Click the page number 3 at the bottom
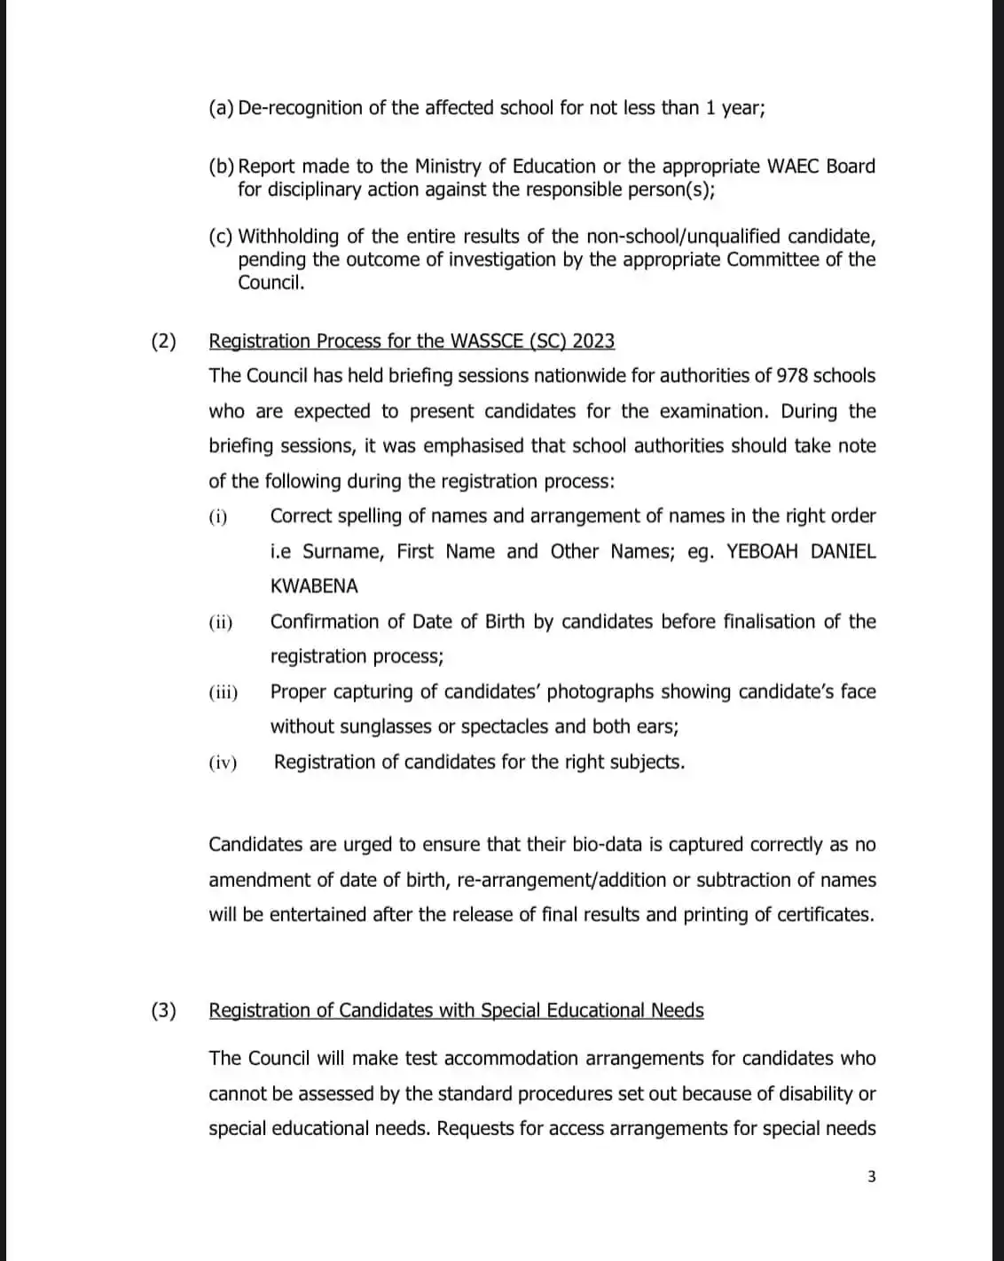pos(871,1177)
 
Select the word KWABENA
pos(314,586)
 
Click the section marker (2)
pos(163,341)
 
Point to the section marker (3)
pos(163,1011)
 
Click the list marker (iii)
pos(224,693)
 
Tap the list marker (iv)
pos(224,763)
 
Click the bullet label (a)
pos(221,108)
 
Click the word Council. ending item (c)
pos(271,283)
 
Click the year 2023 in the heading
pos(593,341)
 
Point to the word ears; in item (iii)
pos(658,727)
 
